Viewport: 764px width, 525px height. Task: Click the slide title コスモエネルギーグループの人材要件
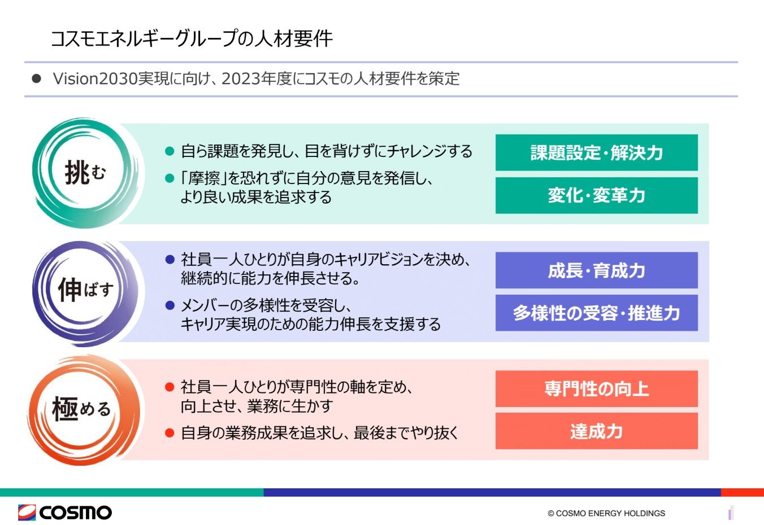[192, 38]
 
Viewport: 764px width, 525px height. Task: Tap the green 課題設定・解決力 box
[597, 152]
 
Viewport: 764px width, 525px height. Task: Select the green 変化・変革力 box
[597, 195]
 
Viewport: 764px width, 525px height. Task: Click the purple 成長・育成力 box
[597, 270]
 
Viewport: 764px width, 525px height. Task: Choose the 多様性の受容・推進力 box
[597, 313]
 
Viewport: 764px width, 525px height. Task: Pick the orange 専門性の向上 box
[597, 389]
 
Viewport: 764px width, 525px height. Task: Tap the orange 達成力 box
[597, 431]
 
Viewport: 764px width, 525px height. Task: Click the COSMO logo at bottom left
[65, 513]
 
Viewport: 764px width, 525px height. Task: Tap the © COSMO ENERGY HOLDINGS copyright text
[606, 513]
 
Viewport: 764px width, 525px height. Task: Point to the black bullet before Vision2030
[37, 78]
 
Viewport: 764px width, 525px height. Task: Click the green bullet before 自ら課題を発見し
[170, 151]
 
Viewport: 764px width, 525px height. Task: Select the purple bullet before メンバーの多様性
[170, 305]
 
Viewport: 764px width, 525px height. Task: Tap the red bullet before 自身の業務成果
[170, 433]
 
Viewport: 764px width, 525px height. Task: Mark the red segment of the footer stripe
[743, 492]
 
